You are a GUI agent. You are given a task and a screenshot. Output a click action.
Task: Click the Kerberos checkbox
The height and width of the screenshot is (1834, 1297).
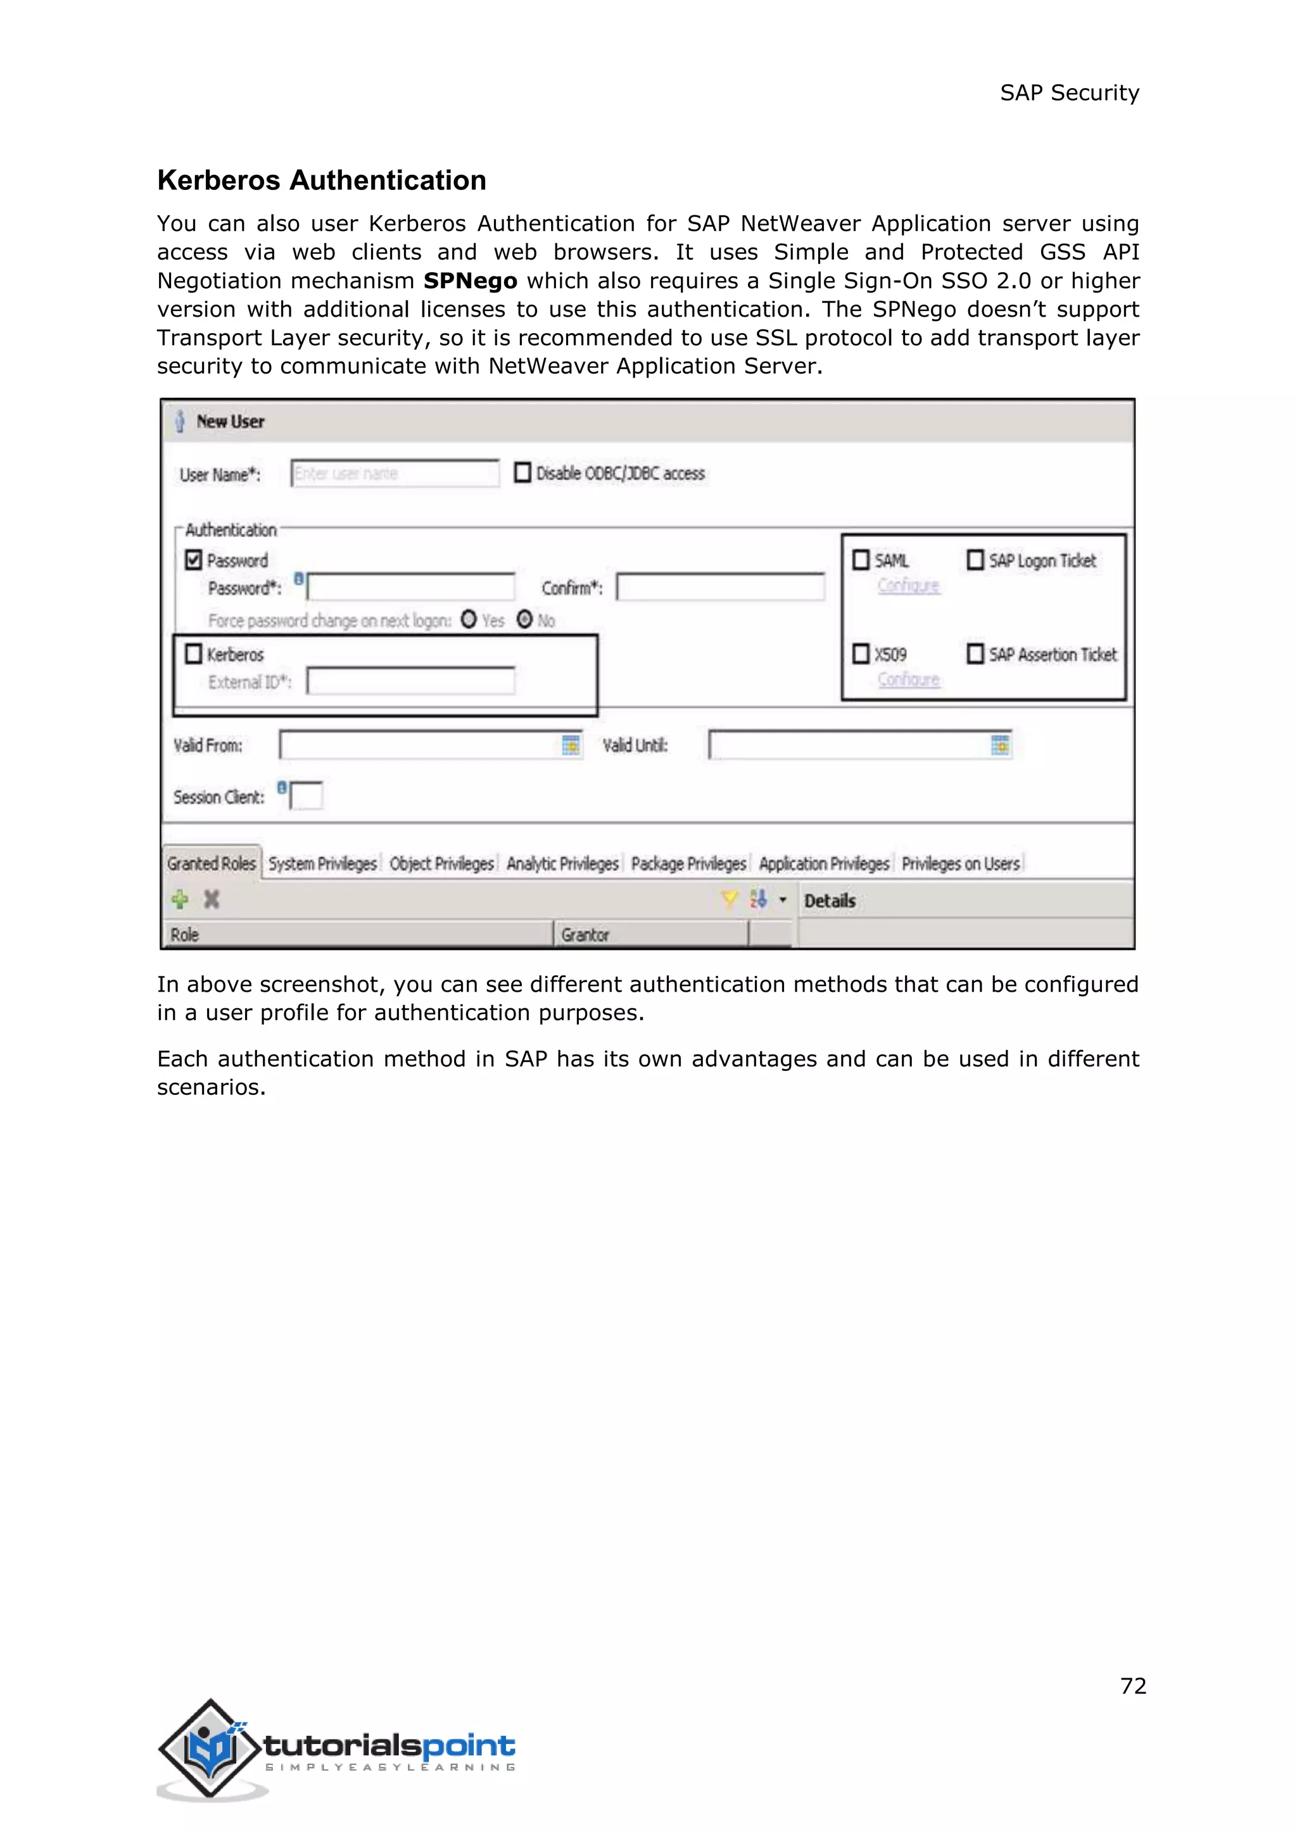click(193, 654)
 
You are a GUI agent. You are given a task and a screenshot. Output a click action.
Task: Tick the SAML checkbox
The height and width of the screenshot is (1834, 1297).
click(861, 560)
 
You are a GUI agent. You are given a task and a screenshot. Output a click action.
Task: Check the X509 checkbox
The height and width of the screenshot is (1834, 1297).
click(861, 654)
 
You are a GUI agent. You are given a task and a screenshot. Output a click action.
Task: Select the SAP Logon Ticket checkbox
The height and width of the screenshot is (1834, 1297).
click(975, 560)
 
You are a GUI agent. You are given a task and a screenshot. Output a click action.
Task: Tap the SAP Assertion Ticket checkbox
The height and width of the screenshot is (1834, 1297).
click(975, 654)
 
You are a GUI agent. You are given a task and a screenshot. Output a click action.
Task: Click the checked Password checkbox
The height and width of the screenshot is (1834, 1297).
click(193, 560)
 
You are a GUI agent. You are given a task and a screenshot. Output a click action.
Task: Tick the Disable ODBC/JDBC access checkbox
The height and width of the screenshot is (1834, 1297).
click(523, 473)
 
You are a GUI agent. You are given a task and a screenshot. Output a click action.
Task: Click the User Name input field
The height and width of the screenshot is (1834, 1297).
click(395, 474)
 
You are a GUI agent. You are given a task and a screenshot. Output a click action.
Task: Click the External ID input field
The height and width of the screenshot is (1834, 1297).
click(410, 681)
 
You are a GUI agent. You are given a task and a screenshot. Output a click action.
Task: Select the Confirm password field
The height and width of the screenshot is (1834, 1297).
click(720, 588)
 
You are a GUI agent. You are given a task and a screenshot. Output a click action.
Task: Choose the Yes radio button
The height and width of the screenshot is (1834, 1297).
click(469, 620)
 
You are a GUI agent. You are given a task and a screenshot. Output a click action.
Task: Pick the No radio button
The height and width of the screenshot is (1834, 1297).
click(525, 620)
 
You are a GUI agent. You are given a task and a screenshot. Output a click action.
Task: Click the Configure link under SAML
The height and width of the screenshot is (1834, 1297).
click(908, 586)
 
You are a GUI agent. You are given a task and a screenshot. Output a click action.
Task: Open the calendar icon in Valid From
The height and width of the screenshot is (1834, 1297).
click(570, 745)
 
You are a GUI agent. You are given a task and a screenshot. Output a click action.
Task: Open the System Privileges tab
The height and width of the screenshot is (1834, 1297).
click(322, 863)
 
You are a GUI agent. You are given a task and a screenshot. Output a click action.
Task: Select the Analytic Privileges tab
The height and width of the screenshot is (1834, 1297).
click(562, 863)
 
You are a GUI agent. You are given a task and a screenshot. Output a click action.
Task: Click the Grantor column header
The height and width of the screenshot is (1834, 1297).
click(585, 935)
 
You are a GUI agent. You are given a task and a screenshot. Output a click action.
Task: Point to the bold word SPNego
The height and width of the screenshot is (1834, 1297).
click(470, 281)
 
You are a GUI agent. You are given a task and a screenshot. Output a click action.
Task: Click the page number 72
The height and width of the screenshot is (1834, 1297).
click(1132, 1686)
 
